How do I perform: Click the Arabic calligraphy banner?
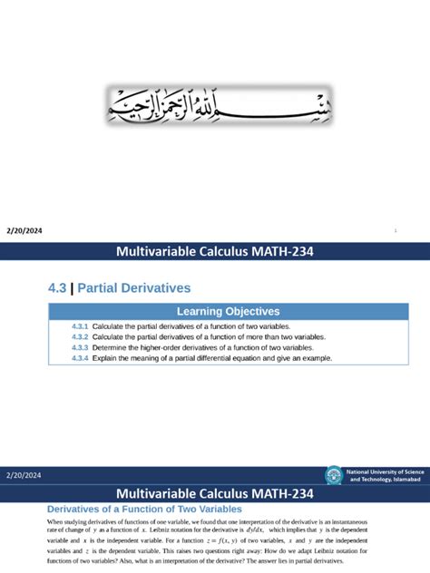[x=214, y=105]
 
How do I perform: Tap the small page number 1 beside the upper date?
[x=396, y=231]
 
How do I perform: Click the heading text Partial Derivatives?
[x=134, y=288]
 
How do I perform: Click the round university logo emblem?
[x=335, y=475]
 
